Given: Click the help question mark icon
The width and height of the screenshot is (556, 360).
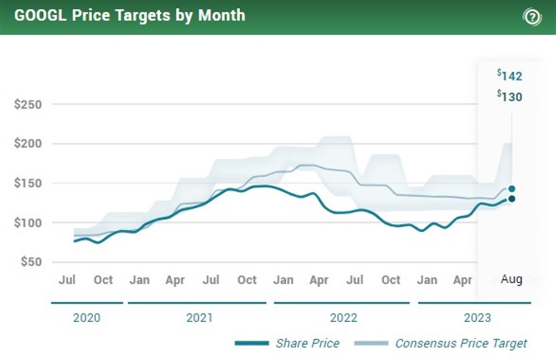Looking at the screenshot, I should click(x=532, y=17).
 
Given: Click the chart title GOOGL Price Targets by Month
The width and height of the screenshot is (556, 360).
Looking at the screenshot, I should click(x=130, y=15).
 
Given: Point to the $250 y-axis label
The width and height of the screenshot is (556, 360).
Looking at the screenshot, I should click(x=27, y=104).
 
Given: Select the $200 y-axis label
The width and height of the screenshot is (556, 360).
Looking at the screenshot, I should click(x=27, y=144).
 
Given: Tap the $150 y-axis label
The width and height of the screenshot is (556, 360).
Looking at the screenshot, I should click(x=27, y=183).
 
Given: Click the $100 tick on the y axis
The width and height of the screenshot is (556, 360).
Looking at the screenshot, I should click(x=27, y=223).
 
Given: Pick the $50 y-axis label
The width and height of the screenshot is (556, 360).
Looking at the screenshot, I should click(x=29, y=262).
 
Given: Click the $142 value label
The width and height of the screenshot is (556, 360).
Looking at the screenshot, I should click(x=510, y=76).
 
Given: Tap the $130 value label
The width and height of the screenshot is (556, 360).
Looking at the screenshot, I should click(x=510, y=97).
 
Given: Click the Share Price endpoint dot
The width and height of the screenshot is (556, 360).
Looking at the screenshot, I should click(x=512, y=199).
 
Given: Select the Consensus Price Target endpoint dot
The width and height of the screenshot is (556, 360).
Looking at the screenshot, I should click(x=512, y=189).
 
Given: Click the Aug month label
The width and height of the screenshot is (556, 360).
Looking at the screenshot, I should click(x=512, y=279).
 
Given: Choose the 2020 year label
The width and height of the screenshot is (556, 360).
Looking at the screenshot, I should click(x=87, y=318).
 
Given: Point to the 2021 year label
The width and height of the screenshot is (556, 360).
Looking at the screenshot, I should click(x=199, y=318).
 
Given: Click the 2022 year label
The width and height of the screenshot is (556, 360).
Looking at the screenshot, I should click(x=343, y=318).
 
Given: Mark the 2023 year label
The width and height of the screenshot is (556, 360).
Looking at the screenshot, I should click(x=477, y=318).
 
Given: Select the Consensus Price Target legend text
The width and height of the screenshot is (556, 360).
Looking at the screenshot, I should click(x=461, y=343).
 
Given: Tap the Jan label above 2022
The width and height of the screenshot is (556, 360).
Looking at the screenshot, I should click(x=283, y=279).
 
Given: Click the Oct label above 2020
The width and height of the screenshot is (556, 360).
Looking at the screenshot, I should click(x=103, y=279).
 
